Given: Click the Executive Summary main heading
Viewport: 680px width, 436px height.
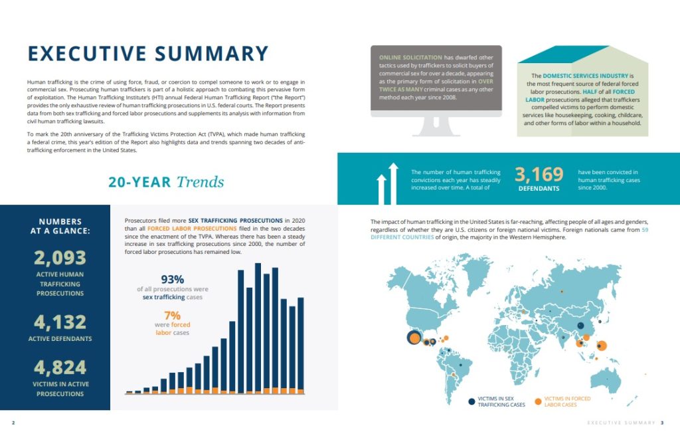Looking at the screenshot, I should tap(147, 54).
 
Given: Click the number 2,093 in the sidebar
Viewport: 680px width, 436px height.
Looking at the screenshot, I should tap(60, 257).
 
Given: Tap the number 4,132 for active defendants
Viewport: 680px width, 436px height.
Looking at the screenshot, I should tap(60, 322).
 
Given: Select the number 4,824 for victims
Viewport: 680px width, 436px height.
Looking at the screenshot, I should tap(60, 368).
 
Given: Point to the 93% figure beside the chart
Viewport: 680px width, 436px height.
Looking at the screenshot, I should tap(172, 279).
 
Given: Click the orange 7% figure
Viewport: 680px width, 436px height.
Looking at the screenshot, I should tap(172, 315).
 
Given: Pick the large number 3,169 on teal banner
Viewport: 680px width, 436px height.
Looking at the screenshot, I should tap(539, 175).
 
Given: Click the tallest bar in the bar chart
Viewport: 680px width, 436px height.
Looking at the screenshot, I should tap(258, 326).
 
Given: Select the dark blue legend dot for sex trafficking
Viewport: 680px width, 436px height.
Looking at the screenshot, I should tap(472, 401).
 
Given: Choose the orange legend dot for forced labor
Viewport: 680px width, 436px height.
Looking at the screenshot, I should tap(537, 401).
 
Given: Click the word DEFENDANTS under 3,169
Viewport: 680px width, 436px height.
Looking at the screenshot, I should tap(539, 188).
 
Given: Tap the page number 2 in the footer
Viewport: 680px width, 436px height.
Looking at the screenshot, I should tap(13, 423).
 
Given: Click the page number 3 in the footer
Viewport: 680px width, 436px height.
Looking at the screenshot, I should tap(661, 423).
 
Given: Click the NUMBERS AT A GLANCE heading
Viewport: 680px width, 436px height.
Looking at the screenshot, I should tap(60, 227).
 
